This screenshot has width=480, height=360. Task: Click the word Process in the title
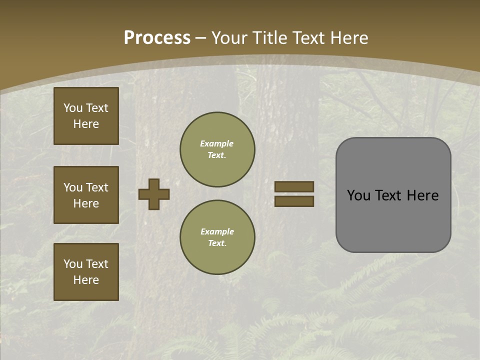coord(157,38)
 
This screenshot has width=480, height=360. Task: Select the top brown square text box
coord(86,116)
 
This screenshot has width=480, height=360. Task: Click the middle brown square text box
coord(86,195)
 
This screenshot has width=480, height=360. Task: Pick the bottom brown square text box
coord(86,271)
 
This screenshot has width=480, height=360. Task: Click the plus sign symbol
coord(154,194)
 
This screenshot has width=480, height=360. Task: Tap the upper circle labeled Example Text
coord(217,149)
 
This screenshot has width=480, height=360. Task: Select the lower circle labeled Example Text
coord(217,237)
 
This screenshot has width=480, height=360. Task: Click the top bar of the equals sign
coord(294,186)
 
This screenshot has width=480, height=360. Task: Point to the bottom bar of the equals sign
coord(294,201)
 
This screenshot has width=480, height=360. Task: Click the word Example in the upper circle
coord(217,143)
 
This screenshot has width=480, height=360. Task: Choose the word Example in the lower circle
coord(217,231)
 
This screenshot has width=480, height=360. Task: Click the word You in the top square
coord(73,108)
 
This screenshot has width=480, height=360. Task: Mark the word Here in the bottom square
coord(86,280)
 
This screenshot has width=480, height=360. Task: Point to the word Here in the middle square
coord(86,203)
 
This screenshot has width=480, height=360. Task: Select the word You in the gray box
coord(358,195)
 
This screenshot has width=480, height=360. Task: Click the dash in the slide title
coord(200,38)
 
